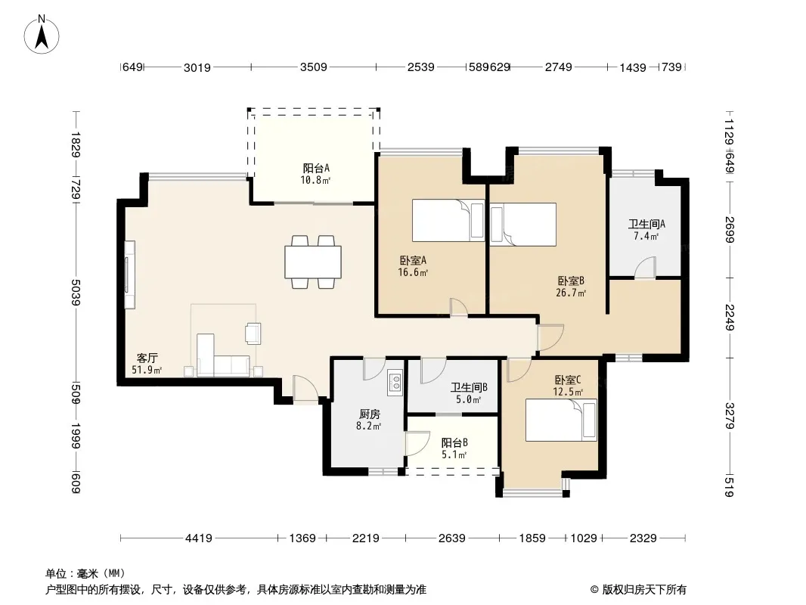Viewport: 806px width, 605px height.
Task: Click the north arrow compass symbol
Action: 42,35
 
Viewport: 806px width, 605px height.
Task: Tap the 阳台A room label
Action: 315,168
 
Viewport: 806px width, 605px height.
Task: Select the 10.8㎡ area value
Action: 315,181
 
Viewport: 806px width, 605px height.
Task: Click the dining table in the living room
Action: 313,262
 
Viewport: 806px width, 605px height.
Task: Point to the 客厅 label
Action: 147,358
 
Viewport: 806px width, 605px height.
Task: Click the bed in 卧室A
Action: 448,221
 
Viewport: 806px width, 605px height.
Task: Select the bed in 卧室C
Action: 561,420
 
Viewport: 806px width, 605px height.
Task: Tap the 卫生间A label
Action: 646,224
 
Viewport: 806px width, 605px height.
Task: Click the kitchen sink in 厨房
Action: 395,383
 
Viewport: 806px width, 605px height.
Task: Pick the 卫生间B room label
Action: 469,387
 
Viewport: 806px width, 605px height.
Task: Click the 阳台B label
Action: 454,442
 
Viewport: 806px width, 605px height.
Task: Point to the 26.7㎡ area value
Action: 571,293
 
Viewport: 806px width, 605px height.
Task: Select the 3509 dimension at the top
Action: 314,67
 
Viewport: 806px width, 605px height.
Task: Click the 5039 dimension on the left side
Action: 76,292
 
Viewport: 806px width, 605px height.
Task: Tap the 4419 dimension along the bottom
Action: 198,538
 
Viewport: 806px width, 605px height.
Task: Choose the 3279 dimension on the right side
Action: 730,415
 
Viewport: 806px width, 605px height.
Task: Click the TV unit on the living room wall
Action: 130,275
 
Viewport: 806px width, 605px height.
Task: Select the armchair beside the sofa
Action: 253,333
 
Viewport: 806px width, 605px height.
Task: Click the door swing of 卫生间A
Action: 645,268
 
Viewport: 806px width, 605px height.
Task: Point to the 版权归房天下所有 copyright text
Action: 643,590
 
